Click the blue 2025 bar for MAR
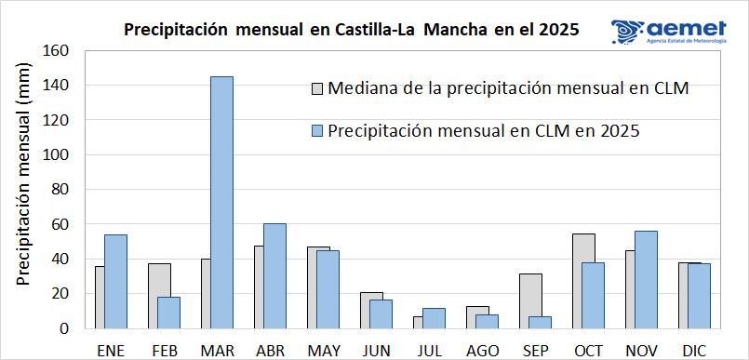coord(221,202)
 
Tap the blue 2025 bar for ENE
coord(115,281)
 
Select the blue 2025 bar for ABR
coord(274,275)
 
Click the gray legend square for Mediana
coord(317,89)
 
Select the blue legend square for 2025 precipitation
coord(317,132)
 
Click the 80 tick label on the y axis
coord(60,190)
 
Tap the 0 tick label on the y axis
coord(65,328)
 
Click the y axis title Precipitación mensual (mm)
coord(23,189)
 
